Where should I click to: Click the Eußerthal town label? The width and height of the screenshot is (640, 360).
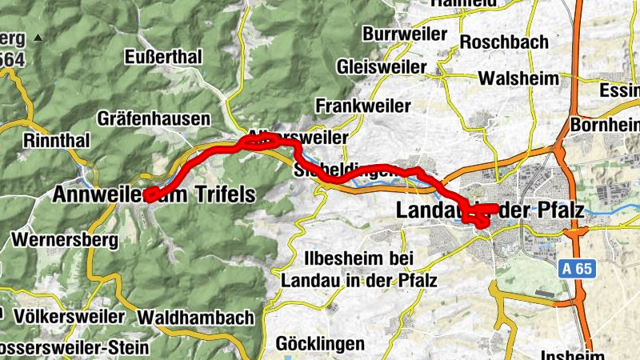click(x=164, y=57)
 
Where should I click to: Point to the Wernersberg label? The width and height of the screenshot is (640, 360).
click(x=65, y=238)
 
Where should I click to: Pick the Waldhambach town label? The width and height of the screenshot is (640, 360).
click(x=196, y=318)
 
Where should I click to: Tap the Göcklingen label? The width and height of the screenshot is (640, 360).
click(x=320, y=343)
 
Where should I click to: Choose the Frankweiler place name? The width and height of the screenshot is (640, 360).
click(x=362, y=106)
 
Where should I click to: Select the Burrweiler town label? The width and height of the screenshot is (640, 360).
click(x=402, y=34)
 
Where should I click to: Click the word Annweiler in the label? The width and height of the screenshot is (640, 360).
click(x=100, y=194)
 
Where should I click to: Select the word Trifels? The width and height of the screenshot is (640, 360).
click(x=222, y=194)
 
